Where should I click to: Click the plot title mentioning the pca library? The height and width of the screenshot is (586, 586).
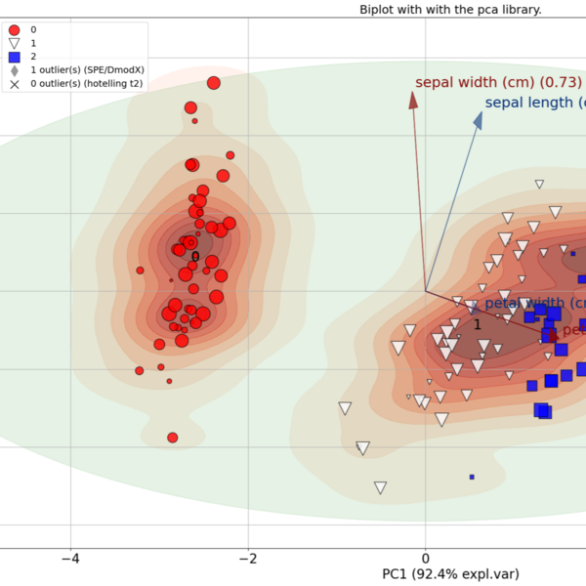(464, 9)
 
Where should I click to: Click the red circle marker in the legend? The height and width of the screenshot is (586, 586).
(14, 30)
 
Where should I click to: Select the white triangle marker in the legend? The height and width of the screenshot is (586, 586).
(14, 44)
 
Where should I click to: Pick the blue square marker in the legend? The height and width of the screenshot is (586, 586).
(14, 58)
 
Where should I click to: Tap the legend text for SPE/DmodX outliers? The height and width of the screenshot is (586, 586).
(88, 71)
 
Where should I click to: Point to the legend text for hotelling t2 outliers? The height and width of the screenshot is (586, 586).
(88, 85)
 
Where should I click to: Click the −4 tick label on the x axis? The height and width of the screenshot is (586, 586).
(69, 561)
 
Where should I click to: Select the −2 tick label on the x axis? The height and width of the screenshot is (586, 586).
(248, 561)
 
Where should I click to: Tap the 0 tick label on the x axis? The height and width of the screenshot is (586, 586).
(426, 561)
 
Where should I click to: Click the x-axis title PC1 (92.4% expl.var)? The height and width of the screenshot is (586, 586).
(451, 573)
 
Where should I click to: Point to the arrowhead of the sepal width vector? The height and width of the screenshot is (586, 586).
(413, 99)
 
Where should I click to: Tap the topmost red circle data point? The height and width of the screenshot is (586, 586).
(214, 83)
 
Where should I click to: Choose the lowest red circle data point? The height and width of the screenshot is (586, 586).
(173, 438)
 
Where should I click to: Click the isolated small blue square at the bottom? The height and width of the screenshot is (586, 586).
(472, 477)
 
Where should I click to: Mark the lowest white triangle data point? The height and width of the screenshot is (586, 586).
(381, 487)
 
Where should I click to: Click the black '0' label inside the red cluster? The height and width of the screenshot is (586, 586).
(194, 258)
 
